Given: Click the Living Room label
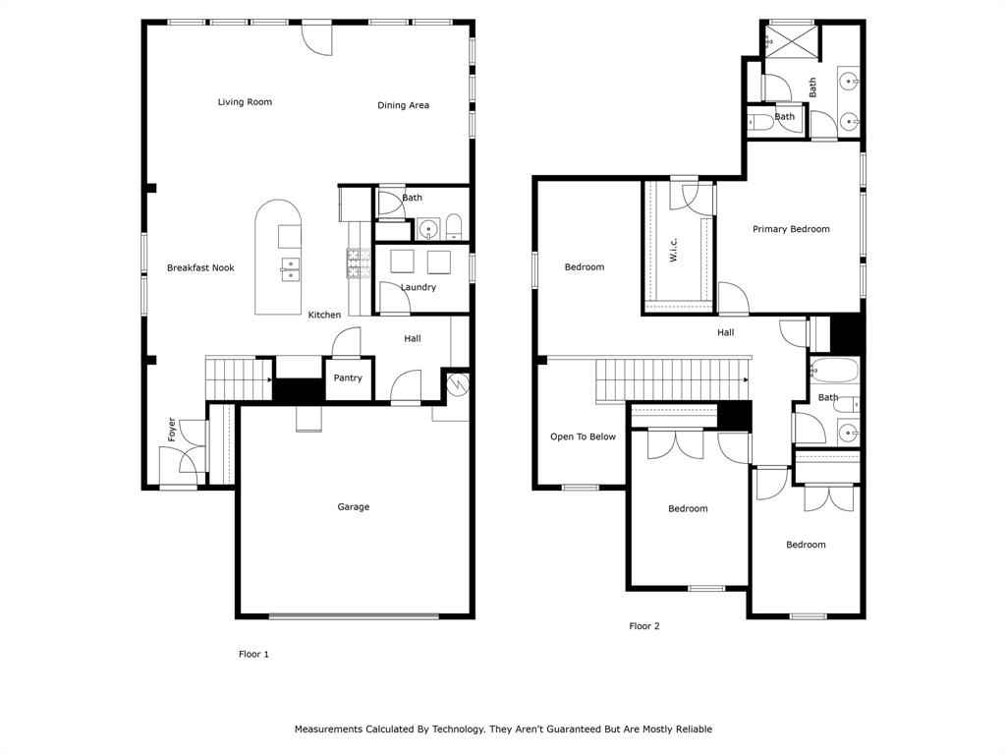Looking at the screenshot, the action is [245, 102].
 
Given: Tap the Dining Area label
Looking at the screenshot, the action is [403, 105].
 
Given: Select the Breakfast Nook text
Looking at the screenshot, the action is [200, 267].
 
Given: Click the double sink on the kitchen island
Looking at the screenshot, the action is [290, 269].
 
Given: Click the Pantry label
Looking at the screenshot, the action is [348, 378].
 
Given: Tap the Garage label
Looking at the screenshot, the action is [354, 506].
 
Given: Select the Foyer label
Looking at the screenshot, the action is [171, 430].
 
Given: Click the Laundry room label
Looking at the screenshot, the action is [419, 287].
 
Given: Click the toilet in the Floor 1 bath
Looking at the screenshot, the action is [454, 227].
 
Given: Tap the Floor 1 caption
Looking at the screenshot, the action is [253, 654].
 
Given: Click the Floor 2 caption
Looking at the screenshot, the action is [644, 626].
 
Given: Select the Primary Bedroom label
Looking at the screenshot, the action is [791, 229].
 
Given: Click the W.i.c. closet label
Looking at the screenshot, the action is [673, 250].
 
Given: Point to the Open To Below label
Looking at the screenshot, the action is [583, 436].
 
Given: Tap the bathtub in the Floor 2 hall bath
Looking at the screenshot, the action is [833, 371].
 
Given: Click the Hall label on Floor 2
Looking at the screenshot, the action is [726, 332].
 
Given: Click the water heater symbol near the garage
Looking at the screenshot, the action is [458, 384].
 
